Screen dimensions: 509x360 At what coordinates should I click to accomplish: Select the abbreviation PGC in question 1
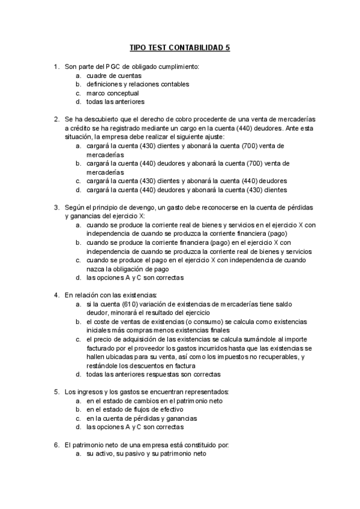tap(113, 67)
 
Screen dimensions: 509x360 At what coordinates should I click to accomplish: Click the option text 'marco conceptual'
tap(113, 93)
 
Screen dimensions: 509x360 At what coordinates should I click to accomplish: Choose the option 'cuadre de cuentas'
tap(114, 76)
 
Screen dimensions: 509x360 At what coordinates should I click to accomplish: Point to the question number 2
tap(56, 119)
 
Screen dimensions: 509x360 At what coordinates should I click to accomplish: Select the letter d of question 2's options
tap(78, 190)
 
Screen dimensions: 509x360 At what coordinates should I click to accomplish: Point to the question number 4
tap(56, 295)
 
